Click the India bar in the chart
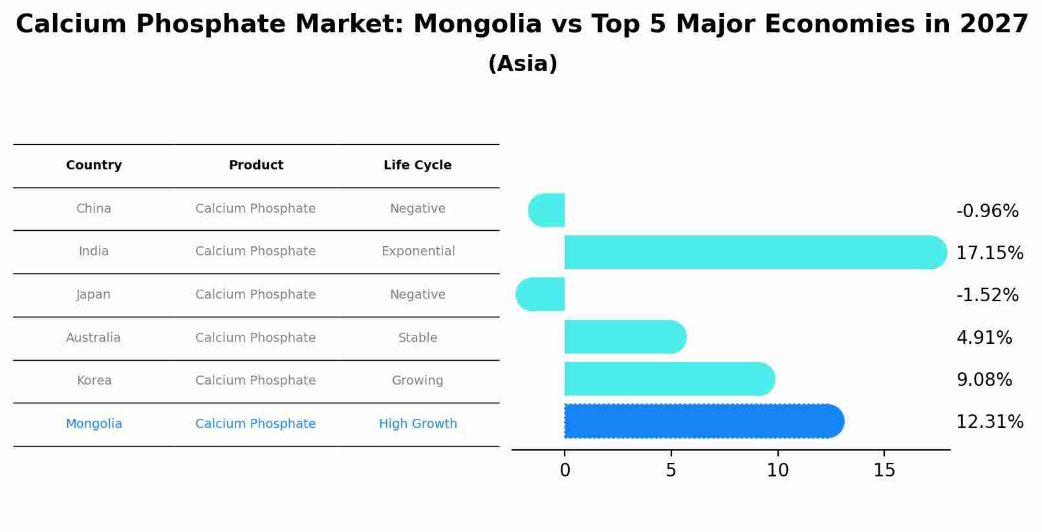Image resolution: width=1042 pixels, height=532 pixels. click(750, 252)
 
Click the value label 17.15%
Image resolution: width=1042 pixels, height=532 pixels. click(990, 253)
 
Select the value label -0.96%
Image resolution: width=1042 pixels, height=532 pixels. click(987, 211)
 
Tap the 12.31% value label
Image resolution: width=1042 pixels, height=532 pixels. click(990, 422)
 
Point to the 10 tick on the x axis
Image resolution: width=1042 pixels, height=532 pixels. click(777, 471)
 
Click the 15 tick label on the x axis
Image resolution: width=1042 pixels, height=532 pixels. click(884, 471)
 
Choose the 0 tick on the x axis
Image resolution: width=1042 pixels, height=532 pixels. click(565, 471)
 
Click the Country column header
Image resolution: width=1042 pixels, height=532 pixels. click(94, 165)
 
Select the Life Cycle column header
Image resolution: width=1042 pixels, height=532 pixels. click(417, 165)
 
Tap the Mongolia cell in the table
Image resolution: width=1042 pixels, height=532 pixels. click(94, 424)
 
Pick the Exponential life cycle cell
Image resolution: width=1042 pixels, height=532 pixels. click(418, 251)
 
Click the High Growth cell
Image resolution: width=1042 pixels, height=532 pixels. click(418, 424)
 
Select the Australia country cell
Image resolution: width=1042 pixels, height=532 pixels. click(93, 338)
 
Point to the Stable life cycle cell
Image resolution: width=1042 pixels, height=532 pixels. click(418, 338)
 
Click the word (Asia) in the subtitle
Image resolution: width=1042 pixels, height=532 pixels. click(523, 64)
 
